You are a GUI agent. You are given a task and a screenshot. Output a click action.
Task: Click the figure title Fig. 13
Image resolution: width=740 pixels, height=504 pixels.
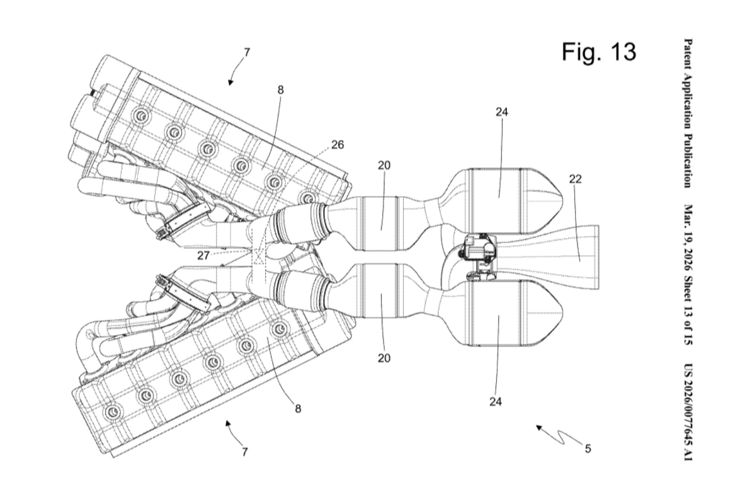tap(598, 52)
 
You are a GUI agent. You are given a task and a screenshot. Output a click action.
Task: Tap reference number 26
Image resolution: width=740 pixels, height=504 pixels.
tap(338, 144)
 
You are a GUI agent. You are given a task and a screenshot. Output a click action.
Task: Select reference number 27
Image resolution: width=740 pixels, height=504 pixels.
tap(203, 255)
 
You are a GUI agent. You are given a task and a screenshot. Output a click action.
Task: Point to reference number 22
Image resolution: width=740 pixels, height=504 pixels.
tap(575, 179)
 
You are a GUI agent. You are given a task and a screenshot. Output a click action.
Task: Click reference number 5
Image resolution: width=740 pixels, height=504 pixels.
tap(587, 449)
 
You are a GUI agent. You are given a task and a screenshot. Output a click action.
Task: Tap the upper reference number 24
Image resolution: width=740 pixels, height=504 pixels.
tap(502, 112)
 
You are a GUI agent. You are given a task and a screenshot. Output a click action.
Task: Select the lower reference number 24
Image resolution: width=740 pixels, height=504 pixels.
tap(496, 403)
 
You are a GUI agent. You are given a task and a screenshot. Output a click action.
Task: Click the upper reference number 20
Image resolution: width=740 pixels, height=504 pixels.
tap(384, 166)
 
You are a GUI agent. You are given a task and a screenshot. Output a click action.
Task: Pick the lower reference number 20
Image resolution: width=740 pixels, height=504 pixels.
tap(384, 358)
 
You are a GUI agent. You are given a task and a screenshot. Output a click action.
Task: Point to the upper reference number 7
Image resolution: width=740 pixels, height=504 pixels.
tap(246, 52)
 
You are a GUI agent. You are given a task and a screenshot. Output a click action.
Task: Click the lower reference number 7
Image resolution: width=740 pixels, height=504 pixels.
tap(244, 451)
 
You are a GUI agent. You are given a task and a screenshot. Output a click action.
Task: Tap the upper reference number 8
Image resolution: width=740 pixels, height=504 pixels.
tap(281, 90)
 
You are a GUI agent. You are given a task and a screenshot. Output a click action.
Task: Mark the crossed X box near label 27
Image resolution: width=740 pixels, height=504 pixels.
tap(257, 255)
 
